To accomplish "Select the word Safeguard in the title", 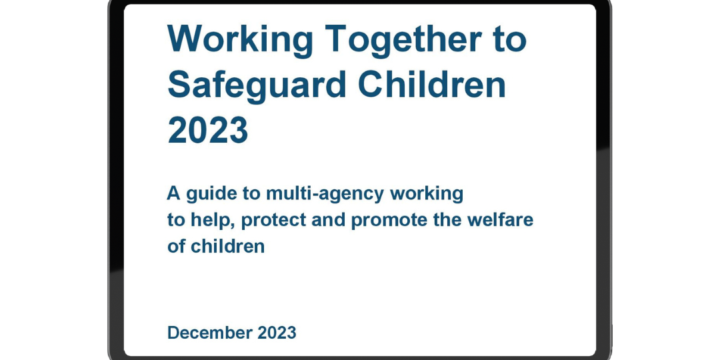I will pos(257,85).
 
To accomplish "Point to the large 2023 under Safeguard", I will pos(208,129).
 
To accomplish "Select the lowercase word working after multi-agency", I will pos(427,193).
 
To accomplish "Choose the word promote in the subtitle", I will pos(389,220).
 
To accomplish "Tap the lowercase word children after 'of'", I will pos(228,246).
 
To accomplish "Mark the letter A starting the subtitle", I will pos(173,193).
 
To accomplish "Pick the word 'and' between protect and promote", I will pos(328,220).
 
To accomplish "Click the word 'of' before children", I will pos(176,246).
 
